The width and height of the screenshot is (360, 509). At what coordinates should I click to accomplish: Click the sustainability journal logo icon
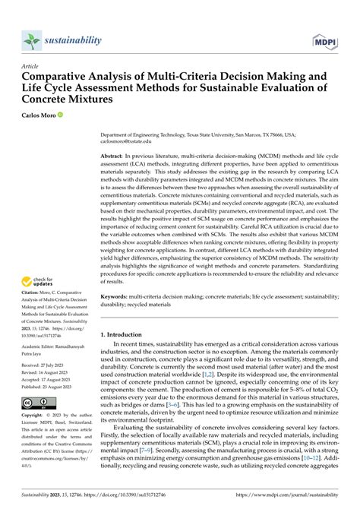point(31,39)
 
